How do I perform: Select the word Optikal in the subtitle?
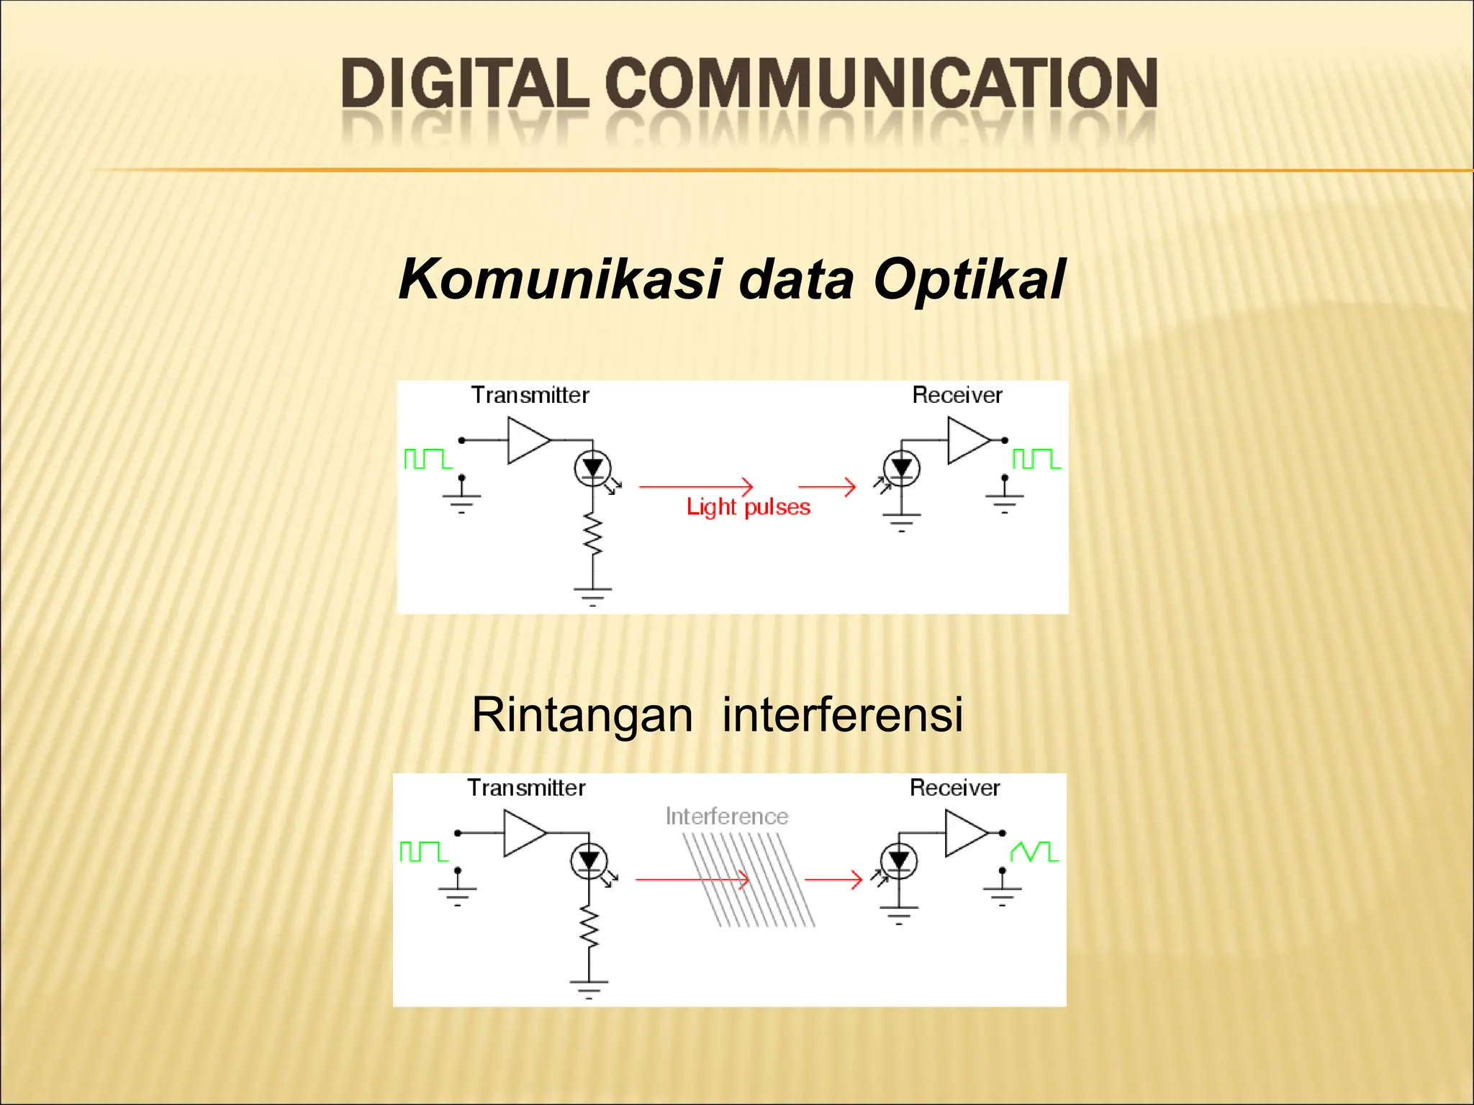click(x=969, y=280)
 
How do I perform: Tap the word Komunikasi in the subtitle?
click(x=560, y=280)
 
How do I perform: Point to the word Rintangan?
click(x=582, y=715)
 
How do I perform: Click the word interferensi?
click(x=842, y=715)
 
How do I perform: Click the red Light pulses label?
click(x=748, y=507)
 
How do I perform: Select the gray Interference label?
click(x=726, y=817)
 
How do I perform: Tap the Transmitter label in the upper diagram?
click(x=530, y=395)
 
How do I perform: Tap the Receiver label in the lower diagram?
click(x=954, y=788)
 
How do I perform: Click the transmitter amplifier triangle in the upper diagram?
click(x=527, y=440)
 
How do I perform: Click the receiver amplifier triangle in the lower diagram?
click(x=964, y=833)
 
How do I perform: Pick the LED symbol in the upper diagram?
click(x=592, y=468)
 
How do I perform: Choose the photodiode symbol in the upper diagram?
click(x=901, y=469)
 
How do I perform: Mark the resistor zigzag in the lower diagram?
click(x=589, y=927)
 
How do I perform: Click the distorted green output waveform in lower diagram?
click(x=1034, y=852)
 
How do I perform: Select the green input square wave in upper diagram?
click(x=428, y=459)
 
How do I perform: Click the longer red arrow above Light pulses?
click(x=695, y=487)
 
